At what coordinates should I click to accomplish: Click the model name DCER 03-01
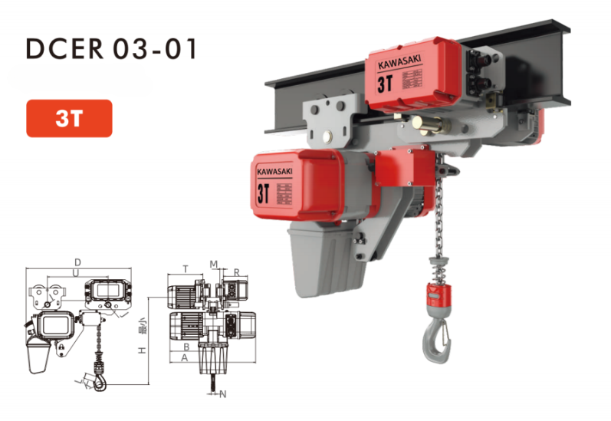[x=112, y=48]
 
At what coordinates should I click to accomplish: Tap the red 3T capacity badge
[x=69, y=119]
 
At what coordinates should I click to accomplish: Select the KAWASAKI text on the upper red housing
[x=394, y=67]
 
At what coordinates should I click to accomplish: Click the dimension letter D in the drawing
[x=77, y=262]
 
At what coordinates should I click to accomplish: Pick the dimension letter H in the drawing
[x=142, y=350]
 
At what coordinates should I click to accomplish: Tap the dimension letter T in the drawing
[x=185, y=269]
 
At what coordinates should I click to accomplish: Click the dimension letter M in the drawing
[x=215, y=264]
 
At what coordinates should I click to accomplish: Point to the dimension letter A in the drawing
[x=185, y=357]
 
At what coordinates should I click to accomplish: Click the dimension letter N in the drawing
[x=223, y=395]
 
